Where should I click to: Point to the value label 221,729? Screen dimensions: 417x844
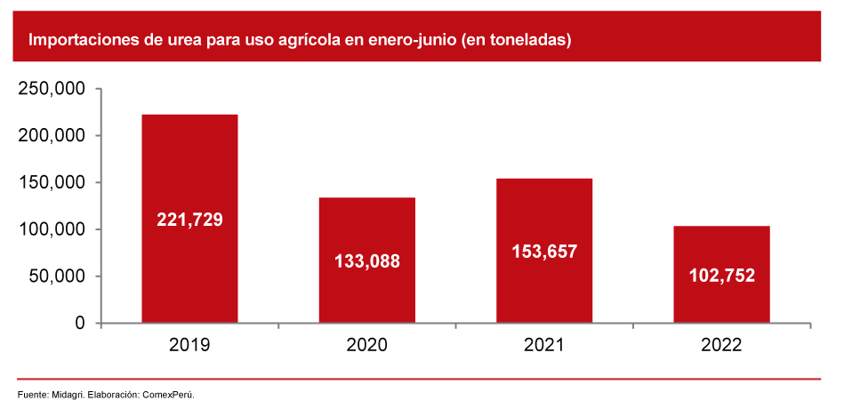tap(189, 220)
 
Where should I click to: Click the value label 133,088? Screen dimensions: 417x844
tap(367, 261)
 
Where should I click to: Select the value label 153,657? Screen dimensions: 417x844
tap(544, 252)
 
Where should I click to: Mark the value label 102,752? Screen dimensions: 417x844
tap(721, 276)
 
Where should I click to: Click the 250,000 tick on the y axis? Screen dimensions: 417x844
tap(51, 89)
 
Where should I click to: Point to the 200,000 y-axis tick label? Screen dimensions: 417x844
tap(51, 136)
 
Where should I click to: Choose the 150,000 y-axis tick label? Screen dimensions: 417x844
tap(51, 183)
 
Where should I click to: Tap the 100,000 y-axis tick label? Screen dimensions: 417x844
tap(51, 229)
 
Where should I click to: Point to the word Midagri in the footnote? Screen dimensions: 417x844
tap(67, 394)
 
